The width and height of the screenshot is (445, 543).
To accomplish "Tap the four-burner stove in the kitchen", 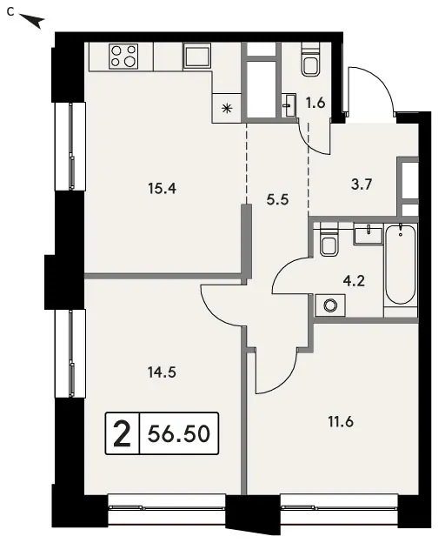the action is click(123, 56).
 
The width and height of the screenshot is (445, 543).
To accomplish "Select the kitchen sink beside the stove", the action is click(196, 55).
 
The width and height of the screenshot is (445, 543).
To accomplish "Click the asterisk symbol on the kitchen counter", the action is click(227, 109).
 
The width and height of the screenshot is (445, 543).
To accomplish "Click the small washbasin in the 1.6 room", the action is click(289, 105).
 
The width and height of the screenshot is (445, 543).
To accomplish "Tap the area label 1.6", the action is click(315, 104).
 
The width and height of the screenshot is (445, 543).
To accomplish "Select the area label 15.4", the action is click(162, 189).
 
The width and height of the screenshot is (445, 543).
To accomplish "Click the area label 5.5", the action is click(277, 200).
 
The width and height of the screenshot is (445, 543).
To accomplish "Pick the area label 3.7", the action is click(362, 184).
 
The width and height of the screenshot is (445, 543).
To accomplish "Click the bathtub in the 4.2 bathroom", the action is click(401, 265).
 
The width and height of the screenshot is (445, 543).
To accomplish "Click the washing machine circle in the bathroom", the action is click(330, 305).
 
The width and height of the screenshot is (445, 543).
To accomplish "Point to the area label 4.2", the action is click(354, 281).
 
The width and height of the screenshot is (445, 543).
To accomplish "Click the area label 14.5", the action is click(162, 372).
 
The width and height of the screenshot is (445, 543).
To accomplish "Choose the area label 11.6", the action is click(341, 422).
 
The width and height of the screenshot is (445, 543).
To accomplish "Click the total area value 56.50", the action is click(179, 433).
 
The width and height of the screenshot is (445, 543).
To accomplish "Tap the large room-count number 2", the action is click(122, 434).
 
